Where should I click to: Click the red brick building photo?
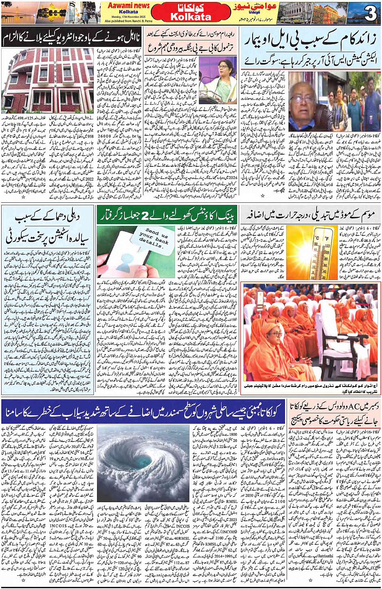(x=48, y=81)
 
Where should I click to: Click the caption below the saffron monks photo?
(x=310, y=388)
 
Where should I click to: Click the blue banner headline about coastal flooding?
(x=144, y=412)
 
